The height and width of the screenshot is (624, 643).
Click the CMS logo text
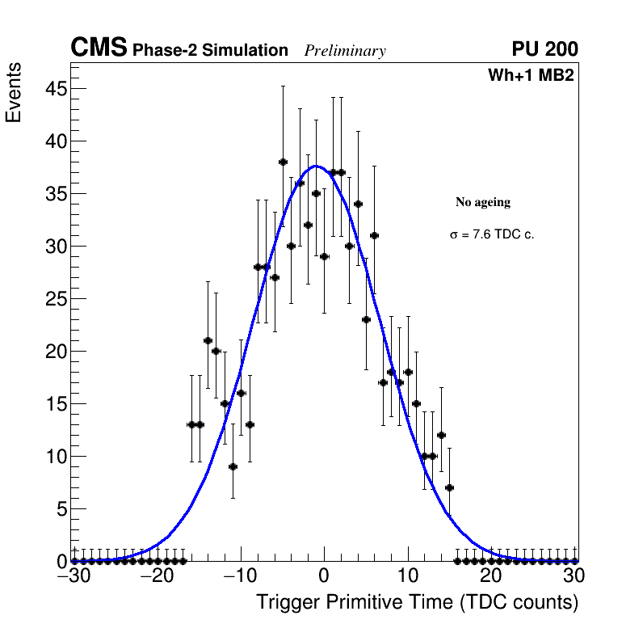99,48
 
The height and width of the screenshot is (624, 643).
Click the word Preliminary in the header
345,51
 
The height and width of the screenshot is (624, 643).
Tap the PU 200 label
544,49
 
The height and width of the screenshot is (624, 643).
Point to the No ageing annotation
483,202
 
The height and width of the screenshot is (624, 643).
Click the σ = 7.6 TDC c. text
492,234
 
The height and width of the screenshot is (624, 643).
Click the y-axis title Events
14,93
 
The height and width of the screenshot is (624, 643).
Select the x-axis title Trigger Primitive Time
417,602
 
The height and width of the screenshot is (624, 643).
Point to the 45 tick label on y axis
54,89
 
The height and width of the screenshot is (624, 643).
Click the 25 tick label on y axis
54,299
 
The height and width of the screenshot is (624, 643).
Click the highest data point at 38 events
283,162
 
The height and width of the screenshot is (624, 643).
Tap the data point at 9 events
233,466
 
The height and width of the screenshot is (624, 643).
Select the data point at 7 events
449,487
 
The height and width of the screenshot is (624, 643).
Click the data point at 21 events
208,340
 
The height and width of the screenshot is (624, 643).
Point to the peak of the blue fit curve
316,167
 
